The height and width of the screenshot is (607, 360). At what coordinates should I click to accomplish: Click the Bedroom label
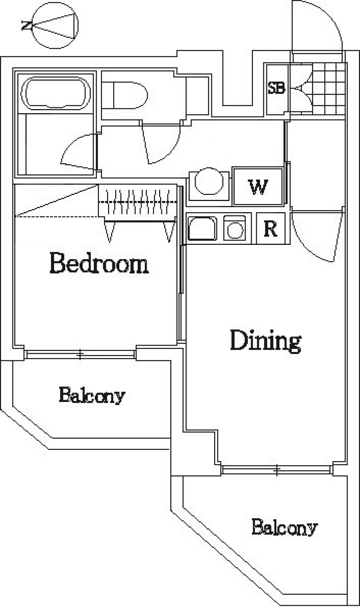click(x=99, y=263)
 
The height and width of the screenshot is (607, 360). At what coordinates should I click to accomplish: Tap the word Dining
click(x=265, y=341)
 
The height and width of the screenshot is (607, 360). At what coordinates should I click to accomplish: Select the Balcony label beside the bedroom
click(x=92, y=396)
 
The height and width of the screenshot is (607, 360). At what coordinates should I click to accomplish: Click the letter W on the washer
click(x=258, y=187)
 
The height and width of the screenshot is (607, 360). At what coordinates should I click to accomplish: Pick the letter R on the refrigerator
click(x=270, y=229)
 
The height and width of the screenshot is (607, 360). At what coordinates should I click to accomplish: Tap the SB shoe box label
click(x=276, y=88)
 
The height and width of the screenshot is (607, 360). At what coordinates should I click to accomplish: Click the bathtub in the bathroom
click(x=55, y=93)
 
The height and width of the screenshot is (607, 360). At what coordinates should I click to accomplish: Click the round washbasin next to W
click(x=209, y=181)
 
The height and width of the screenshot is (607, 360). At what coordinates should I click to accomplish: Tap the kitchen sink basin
click(x=202, y=228)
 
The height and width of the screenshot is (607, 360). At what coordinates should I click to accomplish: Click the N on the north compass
click(x=27, y=26)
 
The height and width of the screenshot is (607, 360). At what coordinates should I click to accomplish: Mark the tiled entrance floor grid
click(x=328, y=89)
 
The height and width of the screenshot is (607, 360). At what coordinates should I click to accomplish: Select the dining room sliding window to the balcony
click(x=276, y=470)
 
